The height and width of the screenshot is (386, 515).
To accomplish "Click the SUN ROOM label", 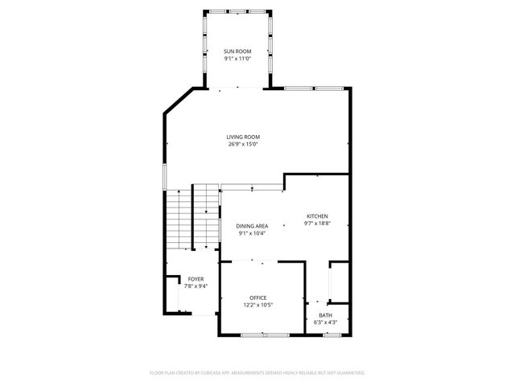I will tap(237, 51).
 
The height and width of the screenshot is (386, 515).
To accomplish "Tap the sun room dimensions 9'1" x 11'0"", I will tap(237, 59).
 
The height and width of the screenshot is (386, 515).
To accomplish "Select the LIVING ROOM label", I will tap(243, 137).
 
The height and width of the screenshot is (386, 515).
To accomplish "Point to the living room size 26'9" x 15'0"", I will tap(243, 145).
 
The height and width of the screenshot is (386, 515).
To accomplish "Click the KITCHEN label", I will tap(317, 216).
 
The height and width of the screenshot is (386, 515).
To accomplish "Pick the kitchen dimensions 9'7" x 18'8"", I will tap(317, 224).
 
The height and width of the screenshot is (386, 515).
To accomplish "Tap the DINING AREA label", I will tap(252, 226).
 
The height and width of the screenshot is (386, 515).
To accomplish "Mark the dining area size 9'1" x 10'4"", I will tap(252, 233).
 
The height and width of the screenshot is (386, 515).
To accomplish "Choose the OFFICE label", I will tap(257, 298).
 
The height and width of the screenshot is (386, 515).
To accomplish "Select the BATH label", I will tap(325, 315).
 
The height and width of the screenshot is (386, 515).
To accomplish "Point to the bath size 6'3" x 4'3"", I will tap(325, 322).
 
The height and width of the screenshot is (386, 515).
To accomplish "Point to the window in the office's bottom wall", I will tap(265, 334).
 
